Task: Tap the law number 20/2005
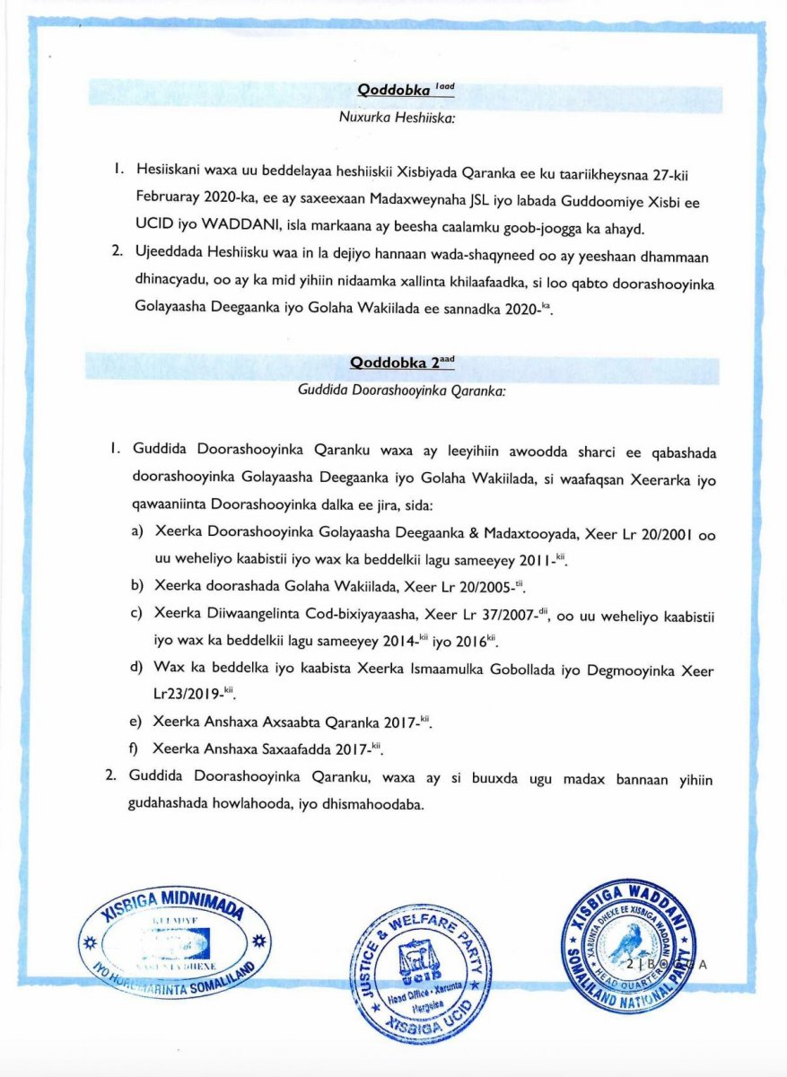click(476, 588)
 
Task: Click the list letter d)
click(138, 670)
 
